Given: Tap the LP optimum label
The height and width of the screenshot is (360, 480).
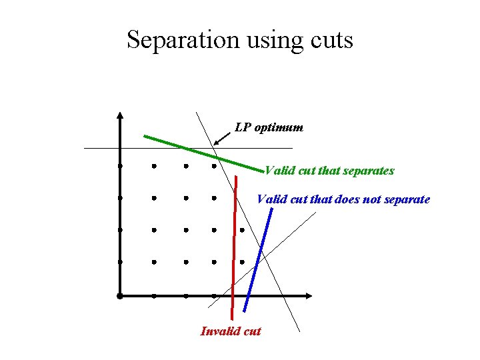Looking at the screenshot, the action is click(269, 127).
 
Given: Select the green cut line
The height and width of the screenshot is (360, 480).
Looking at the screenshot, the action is click(200, 152).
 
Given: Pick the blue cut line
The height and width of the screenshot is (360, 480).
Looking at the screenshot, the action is click(259, 260).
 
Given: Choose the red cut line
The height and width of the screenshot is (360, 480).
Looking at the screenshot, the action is click(234, 253).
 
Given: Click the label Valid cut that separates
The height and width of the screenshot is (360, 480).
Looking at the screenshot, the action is click(329, 171).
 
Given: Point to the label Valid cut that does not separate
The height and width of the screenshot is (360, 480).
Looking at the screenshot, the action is click(343, 199).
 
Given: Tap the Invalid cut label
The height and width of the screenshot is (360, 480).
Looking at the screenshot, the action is click(231, 331).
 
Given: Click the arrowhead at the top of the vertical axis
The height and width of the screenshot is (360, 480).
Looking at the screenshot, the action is click(119, 115).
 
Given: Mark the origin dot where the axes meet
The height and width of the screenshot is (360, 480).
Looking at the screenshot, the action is click(119, 295).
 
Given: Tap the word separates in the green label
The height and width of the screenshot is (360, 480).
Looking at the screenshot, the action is click(369, 171).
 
